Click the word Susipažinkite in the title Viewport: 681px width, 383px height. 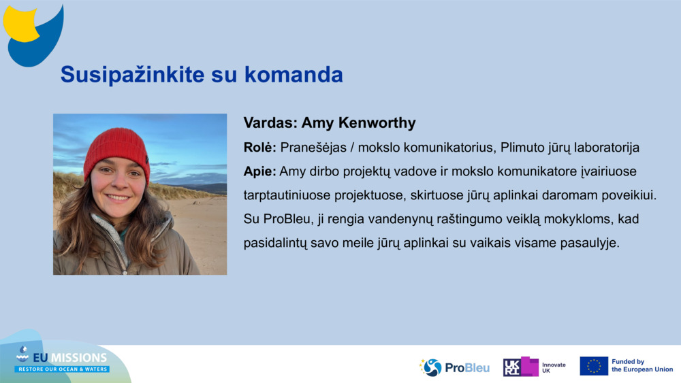coord(132,75)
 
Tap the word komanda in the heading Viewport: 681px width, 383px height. coord(294,74)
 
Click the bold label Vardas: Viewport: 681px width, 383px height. coord(270,122)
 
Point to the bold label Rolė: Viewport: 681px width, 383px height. coord(259,148)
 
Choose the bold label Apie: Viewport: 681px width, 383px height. coord(259,171)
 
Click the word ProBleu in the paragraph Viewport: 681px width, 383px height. coord(287,219)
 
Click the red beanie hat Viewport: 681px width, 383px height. coord(116,152)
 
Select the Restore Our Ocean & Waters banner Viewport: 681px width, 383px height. coord(63,369)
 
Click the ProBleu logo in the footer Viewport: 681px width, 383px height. coord(454,367)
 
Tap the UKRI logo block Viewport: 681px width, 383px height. coord(521,367)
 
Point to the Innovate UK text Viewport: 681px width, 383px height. coord(554,368)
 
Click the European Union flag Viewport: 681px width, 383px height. coord(594,366)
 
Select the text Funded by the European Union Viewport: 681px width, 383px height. coord(642,365)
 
